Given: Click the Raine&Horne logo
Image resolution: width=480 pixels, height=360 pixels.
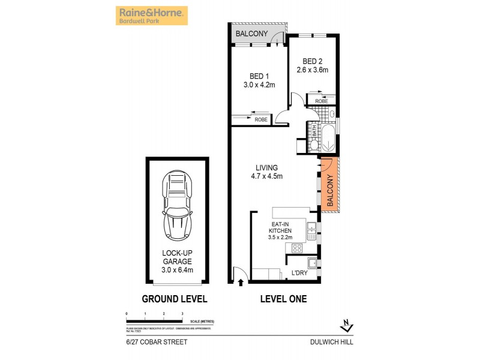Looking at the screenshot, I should [151, 16].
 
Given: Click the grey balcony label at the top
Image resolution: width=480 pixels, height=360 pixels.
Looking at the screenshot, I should [252, 34].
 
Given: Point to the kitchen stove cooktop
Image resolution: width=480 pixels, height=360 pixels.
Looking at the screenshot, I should [296, 248].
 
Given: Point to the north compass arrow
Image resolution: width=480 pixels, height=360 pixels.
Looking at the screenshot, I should [346, 326].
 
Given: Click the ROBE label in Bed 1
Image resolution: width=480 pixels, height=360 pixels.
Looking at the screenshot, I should [261, 120].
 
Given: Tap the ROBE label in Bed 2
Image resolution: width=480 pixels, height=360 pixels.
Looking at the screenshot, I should [322, 101].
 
